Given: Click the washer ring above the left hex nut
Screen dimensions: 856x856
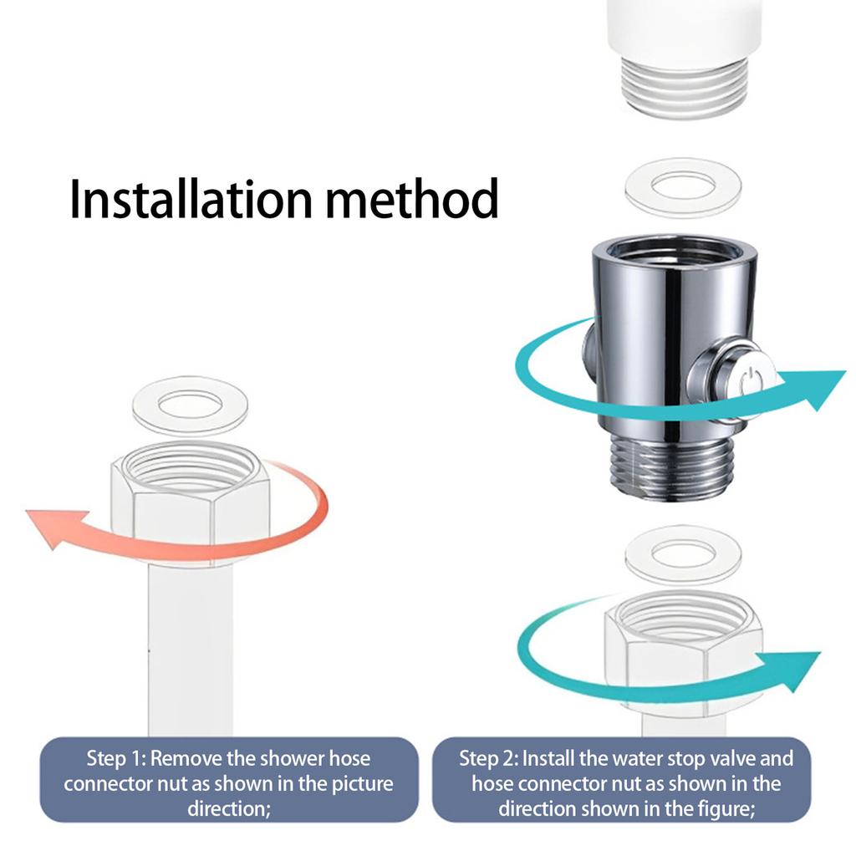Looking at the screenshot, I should click(x=190, y=405).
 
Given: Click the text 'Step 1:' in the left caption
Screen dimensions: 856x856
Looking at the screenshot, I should click(x=116, y=759).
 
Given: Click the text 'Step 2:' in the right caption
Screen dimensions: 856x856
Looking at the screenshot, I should click(x=488, y=759).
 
